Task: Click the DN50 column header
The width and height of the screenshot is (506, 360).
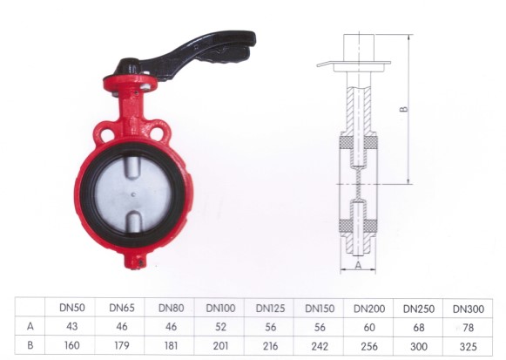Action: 72,308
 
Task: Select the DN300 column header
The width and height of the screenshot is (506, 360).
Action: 469,309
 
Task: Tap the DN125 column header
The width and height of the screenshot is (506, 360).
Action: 270,309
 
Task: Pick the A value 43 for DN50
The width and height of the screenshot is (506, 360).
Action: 71,326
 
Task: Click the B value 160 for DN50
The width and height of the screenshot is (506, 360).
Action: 71,345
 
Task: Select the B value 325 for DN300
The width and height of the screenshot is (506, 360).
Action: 469,347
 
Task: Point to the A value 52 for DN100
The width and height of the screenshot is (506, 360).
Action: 220,327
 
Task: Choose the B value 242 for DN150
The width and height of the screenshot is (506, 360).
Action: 320,346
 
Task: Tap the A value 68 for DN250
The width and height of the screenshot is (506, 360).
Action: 419,328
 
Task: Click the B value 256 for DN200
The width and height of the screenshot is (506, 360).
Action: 369,346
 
